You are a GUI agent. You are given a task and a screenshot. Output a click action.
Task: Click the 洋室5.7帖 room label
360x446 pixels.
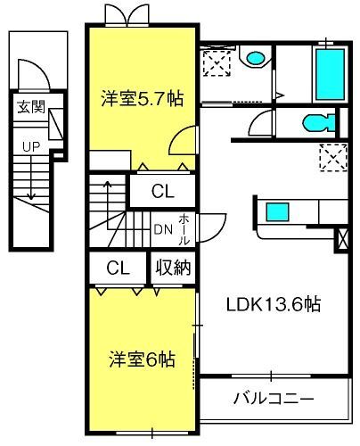pos(142,98)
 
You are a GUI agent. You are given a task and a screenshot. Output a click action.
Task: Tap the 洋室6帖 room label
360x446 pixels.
pos(142,359)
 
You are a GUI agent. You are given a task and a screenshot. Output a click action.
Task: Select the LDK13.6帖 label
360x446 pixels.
pos(274,304)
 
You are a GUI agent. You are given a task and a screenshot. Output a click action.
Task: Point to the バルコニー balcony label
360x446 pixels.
pos(274,398)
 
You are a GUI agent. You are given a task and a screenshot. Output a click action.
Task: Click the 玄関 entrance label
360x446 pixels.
pos(31,107)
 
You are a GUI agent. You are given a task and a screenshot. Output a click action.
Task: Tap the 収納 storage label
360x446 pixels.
pos(173,268)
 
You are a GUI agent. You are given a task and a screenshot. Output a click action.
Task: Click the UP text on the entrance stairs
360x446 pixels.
pos(31,146)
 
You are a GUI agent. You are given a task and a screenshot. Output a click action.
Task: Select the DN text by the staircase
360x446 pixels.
pos(163,229)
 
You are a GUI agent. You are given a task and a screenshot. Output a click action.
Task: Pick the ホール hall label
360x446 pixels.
pos(184,229)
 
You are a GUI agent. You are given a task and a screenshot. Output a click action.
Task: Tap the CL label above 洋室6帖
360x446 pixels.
pos(118,268)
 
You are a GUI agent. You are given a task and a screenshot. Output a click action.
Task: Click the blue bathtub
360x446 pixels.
pos(330,74)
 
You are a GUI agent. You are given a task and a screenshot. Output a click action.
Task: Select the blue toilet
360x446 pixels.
pos(319,123)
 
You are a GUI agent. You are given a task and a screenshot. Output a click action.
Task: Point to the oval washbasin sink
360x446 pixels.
pos(256,58)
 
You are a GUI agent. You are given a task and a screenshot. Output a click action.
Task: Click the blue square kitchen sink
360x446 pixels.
pos(277,211)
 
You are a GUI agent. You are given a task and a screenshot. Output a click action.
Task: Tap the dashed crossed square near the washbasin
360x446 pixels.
pos(217,63)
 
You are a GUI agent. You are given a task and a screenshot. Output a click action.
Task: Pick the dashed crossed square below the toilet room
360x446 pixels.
pos(333,158)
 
